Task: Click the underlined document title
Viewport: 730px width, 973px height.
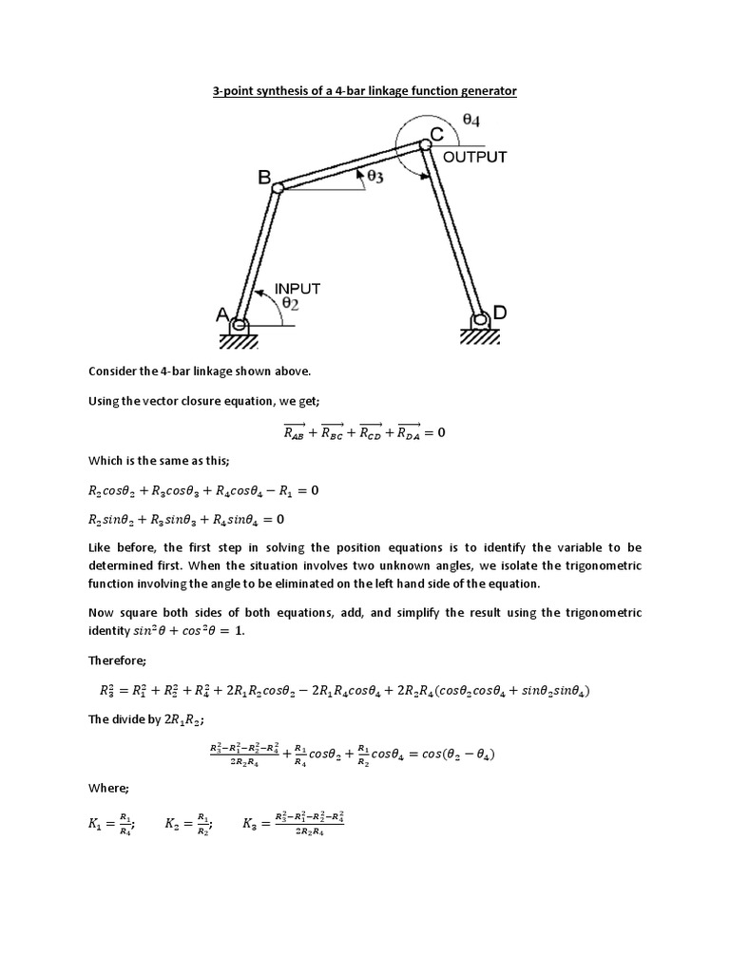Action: tap(364, 91)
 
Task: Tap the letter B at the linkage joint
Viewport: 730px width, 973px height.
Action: tap(265, 176)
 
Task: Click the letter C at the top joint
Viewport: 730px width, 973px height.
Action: tap(437, 136)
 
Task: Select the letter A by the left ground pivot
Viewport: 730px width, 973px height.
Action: tap(221, 315)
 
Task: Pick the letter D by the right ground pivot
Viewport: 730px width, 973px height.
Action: tap(499, 313)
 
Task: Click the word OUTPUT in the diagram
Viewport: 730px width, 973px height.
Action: tap(475, 157)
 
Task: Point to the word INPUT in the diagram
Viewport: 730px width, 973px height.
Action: tap(298, 288)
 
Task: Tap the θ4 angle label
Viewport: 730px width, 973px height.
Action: tap(471, 121)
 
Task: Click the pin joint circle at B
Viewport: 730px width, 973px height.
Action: tap(278, 188)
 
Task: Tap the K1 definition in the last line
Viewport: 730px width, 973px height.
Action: tap(111, 826)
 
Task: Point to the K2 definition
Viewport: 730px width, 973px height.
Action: tap(188, 826)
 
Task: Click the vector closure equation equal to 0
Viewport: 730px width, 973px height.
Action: tap(364, 433)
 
